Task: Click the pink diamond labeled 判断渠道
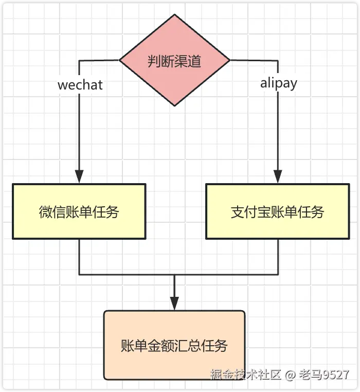[x=174, y=61]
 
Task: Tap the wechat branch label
[x=80, y=84]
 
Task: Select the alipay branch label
[x=278, y=83]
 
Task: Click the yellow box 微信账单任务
[x=79, y=211]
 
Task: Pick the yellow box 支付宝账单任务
[x=277, y=211]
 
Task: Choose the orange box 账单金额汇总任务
[x=174, y=345]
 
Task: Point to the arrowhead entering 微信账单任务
[x=79, y=177]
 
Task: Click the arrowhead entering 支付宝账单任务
[x=278, y=177]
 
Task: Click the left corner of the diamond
[x=120, y=61]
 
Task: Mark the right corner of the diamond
[x=229, y=61]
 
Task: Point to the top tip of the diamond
[x=174, y=15]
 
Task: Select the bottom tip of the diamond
[x=174, y=105]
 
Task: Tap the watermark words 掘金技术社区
[x=245, y=375]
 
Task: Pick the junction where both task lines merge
[x=174, y=274]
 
